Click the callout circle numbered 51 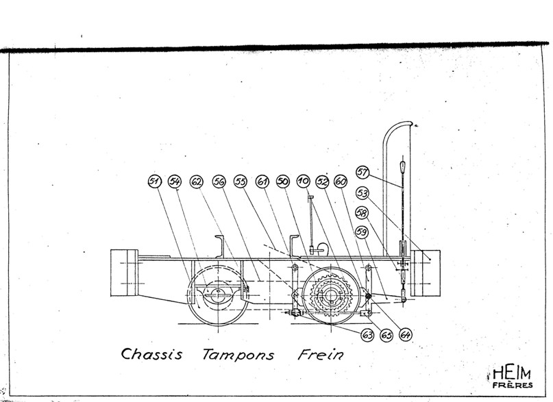pos(154,181)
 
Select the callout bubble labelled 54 pos(175,181)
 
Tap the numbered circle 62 pos(197,181)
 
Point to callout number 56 pos(219,181)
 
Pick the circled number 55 pos(240,181)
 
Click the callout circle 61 pos(262,181)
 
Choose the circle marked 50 pos(283,181)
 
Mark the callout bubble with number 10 pos(303,181)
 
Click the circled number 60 pos(341,181)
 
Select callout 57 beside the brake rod pos(362,173)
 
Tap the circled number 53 pos(362,193)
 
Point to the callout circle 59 pos(362,232)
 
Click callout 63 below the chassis pos(367,335)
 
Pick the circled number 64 pos(405,335)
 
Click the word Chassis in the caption pos(151,354)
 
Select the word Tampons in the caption pos(238,355)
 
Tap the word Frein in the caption pos(320,354)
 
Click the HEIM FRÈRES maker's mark pos(511,377)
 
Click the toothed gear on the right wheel pos(331,295)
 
